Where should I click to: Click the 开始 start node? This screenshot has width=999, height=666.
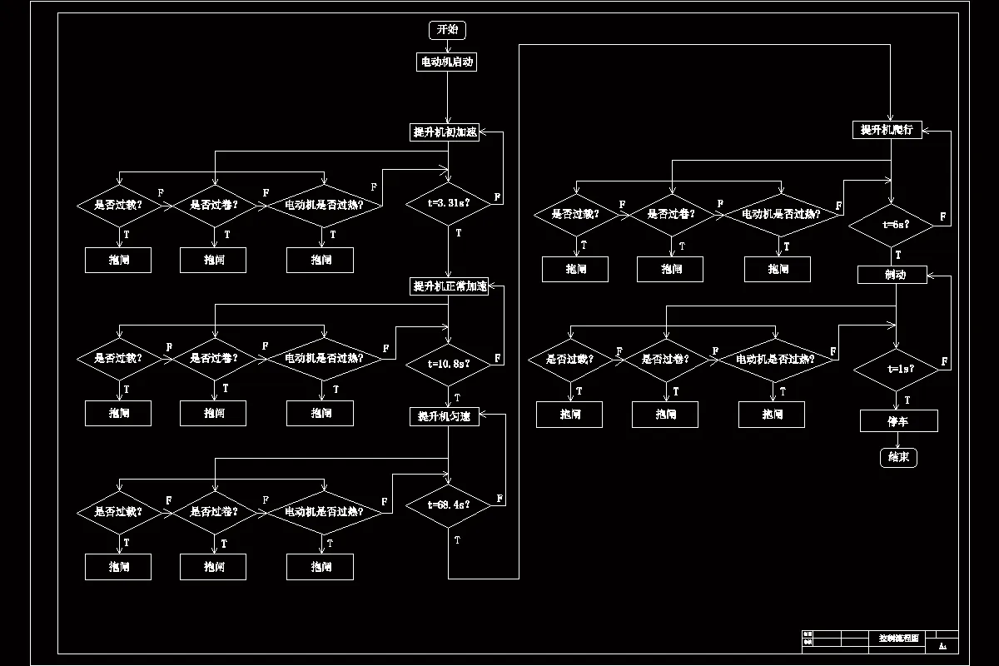pos(447,30)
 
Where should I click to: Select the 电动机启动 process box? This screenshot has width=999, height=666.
pos(447,62)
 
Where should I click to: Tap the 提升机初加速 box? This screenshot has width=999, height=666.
pos(446,132)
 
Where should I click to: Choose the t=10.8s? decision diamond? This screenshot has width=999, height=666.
pos(449,364)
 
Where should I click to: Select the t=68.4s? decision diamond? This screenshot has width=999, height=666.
pos(449,504)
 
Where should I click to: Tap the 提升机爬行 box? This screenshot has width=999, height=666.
pos(887,130)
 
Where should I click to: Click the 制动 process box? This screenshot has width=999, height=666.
pos(892,275)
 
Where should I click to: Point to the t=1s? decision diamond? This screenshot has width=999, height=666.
pos(897,369)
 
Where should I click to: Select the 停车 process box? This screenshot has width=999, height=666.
pos(898,421)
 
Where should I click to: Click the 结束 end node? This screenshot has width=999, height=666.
pos(898,457)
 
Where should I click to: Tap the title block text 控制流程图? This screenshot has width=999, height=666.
pos(898,638)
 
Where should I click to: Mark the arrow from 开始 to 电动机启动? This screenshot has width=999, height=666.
pos(447,47)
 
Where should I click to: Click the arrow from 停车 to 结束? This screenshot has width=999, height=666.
pos(898,440)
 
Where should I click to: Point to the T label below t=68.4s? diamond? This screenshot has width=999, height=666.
pos(458,540)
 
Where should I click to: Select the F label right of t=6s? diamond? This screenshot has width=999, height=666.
pos(943,216)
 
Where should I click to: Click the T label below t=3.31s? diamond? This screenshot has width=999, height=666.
pos(459,233)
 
